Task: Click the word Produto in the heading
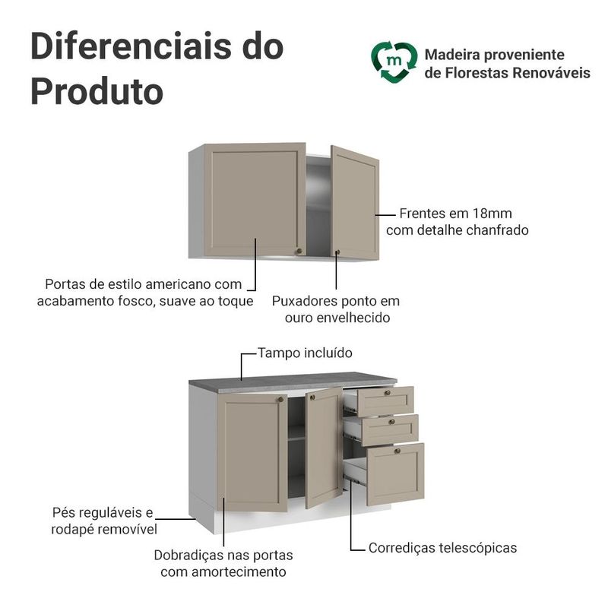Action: point(97,91)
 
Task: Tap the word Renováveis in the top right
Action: point(543,74)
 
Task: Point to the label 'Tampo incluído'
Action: point(305,353)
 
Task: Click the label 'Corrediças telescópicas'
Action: point(442,547)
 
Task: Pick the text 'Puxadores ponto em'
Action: point(336,301)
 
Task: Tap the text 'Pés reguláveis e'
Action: point(103,512)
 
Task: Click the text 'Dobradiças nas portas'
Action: point(223,555)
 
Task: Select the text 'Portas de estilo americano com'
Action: point(143,284)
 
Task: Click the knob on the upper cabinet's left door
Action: point(299,250)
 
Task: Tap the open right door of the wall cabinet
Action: point(354,201)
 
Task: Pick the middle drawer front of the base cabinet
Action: point(390,429)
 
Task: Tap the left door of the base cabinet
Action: point(252,451)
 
